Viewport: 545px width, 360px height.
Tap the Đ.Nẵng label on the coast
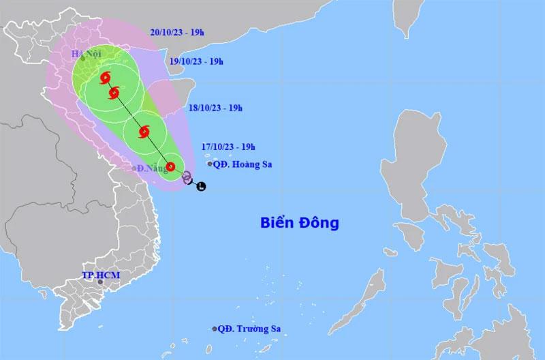point(148,168)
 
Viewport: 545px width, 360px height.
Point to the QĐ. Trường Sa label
point(249,329)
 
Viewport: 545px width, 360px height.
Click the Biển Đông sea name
point(299,222)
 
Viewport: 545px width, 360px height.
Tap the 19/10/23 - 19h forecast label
point(196,61)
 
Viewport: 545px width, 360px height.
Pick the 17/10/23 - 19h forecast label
point(228,146)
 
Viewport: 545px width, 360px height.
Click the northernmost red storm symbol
point(105,78)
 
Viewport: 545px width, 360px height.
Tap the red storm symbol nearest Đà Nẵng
point(171,166)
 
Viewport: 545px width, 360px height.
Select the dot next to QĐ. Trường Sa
point(215,329)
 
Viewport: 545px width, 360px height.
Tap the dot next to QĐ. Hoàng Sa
point(210,164)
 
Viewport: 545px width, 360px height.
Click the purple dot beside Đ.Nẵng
point(134,168)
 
